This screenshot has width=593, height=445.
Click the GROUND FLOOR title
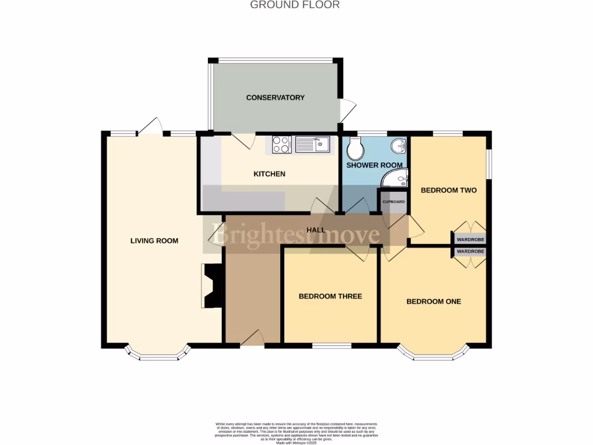(x=295, y=5)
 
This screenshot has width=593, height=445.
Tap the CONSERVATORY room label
(x=275, y=97)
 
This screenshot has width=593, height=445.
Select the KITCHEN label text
(x=269, y=174)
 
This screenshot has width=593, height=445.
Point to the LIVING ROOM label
(x=154, y=241)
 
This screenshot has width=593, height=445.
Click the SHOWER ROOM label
(x=374, y=165)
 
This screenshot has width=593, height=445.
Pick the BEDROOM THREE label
(x=330, y=296)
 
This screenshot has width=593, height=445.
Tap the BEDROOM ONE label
(x=434, y=301)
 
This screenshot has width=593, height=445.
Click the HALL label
(x=316, y=230)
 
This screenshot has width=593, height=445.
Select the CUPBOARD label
(x=393, y=202)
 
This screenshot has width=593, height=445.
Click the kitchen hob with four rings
(x=281, y=144)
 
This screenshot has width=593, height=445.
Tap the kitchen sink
(x=313, y=144)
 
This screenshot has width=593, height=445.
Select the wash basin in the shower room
(x=398, y=146)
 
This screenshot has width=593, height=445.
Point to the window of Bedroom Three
(x=332, y=346)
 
